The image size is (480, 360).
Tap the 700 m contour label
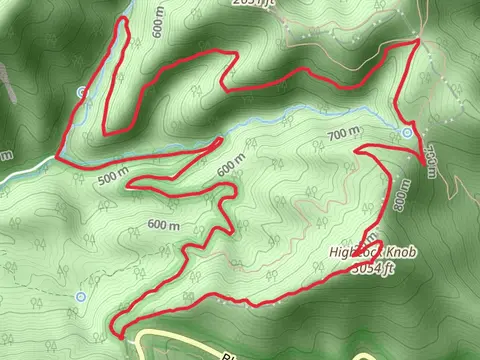[x=341, y=134]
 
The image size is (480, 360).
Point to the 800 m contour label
[x=405, y=195]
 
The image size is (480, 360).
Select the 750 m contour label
[x=430, y=160]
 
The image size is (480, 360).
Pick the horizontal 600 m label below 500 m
[x=162, y=224]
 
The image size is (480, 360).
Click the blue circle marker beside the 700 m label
[x=407, y=132]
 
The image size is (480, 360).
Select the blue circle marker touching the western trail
[x=81, y=92]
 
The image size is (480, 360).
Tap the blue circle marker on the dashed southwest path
[x=80, y=297]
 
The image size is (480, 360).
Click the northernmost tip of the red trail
[x=123, y=19]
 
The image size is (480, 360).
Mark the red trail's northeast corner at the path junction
[x=416, y=42]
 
